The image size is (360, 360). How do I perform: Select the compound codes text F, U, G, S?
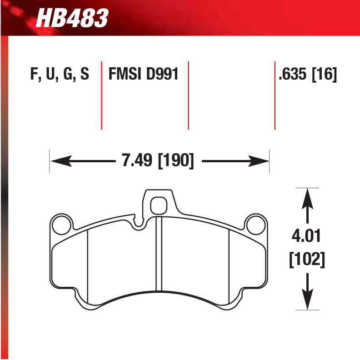pos(59,74)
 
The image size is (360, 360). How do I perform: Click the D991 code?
pos(162,74)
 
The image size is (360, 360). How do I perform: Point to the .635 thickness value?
pos(293,74)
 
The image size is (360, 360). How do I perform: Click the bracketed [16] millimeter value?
pos(324,74)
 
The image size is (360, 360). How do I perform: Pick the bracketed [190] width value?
pos(175,161)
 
